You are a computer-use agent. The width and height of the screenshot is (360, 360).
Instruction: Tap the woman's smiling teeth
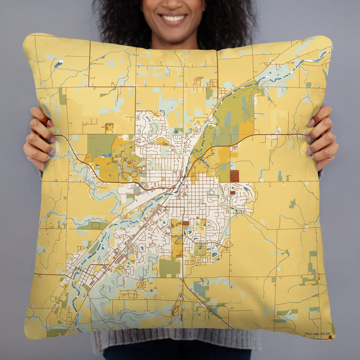coord(173,19)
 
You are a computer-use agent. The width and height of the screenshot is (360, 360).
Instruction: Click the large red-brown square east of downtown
coord(235,176)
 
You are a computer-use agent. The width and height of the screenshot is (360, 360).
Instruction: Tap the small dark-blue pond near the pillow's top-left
coord(58,64)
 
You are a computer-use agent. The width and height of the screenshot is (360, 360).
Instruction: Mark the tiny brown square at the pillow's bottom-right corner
coord(330,337)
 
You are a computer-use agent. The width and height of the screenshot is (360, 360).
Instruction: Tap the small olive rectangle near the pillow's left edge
coord(62,96)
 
